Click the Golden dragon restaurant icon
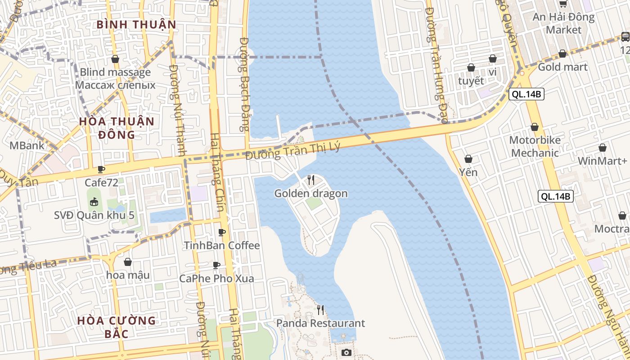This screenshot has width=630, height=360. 310,180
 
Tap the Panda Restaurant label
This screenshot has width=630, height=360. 320,323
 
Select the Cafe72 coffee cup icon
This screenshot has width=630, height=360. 101,170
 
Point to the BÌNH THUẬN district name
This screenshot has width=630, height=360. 136,24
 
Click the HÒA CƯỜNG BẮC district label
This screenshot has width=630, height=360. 117,327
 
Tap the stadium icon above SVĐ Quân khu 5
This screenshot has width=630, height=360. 94,202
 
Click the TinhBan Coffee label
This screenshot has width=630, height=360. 222,245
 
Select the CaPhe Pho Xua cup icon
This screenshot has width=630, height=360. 216,265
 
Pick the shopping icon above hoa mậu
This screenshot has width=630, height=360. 128,262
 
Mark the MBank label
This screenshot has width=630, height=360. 27,145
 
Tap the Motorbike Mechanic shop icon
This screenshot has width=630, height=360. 535,127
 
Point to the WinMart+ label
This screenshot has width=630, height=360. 602,161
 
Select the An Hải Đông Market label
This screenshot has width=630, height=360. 563,23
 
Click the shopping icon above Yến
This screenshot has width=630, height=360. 468,159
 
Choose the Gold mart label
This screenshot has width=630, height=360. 562,67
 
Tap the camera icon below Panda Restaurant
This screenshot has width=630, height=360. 346,352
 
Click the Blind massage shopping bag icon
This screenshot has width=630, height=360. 115,59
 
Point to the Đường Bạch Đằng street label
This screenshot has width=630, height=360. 244,84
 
